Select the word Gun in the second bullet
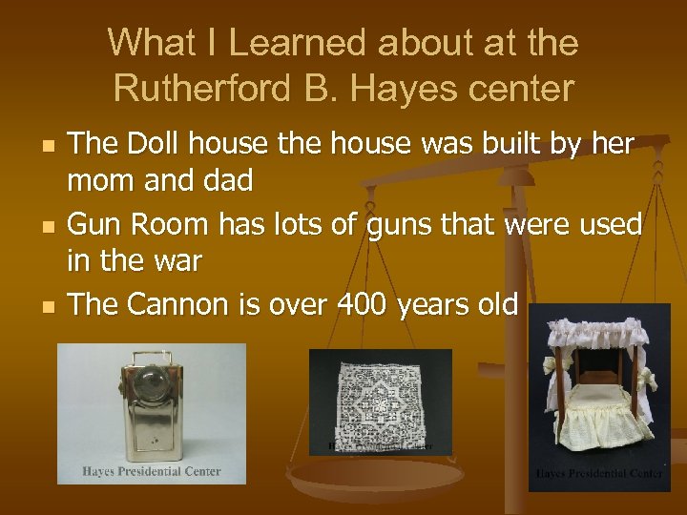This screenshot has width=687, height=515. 98,225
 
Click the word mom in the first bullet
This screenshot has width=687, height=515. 102,179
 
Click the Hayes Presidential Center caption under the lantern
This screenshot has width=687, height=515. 152,471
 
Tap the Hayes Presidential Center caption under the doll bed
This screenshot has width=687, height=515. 599,474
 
